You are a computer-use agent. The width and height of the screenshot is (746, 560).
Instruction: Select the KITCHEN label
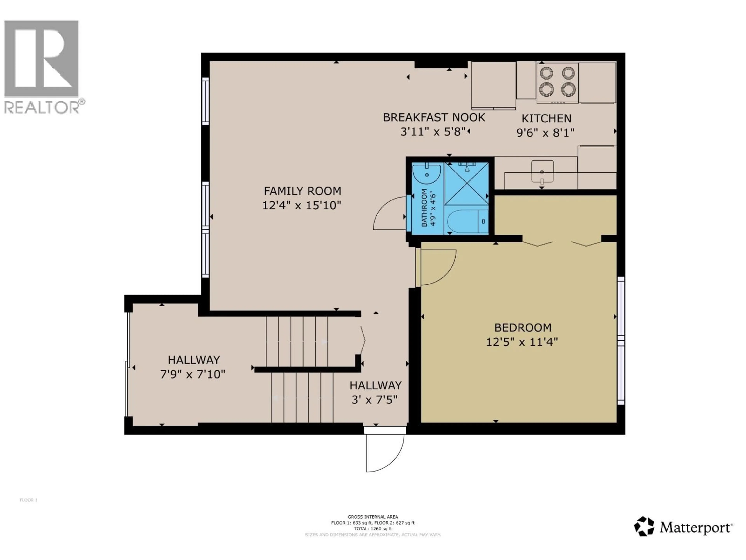coord(546,118)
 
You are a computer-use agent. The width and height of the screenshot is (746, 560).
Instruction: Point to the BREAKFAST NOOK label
coord(434,117)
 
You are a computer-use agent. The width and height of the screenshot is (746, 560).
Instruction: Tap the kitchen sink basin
coord(542,171)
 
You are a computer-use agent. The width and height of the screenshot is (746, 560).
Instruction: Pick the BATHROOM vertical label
coord(424,208)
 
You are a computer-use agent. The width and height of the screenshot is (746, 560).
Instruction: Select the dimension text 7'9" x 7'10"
coord(193,374)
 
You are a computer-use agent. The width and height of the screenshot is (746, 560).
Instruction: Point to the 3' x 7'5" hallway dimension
coord(374,400)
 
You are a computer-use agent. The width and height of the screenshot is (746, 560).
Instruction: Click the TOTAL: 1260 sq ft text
coord(373,529)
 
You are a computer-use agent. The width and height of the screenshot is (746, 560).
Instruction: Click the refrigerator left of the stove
coord(493,85)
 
